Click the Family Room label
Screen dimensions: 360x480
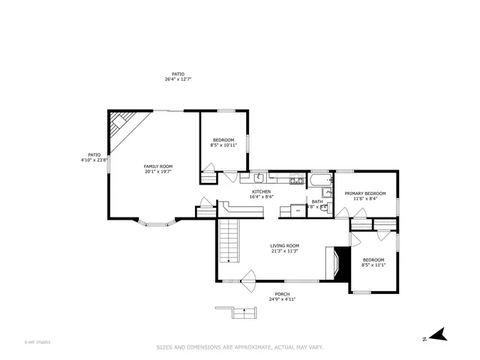coord(158,169)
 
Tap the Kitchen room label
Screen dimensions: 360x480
coord(262,194)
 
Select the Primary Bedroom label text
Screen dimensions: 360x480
coord(365,196)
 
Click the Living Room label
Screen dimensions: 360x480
coord(285,248)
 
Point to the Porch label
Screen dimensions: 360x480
coord(282,296)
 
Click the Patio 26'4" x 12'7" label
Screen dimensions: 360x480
coord(178,76)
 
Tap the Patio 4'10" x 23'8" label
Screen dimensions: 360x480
coord(94,157)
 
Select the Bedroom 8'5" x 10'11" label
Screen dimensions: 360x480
coord(223,142)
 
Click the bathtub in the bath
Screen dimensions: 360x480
coord(319,180)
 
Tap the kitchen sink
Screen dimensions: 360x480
coord(258,178)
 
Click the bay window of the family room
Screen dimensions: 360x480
coord(157,223)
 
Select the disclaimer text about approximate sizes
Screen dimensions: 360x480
coord(239,347)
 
